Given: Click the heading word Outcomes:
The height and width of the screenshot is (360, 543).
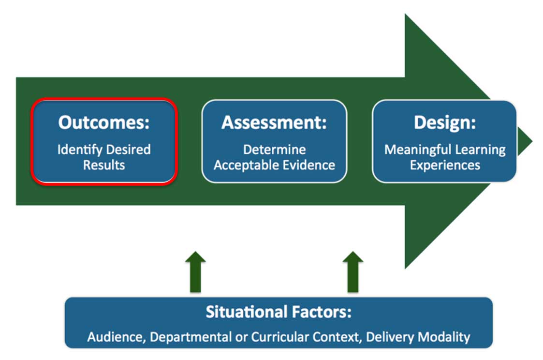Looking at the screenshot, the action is pos(104,122).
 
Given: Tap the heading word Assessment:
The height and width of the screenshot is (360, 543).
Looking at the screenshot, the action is pos(274,122).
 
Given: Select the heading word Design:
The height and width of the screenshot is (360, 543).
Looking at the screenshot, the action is pos(445,122).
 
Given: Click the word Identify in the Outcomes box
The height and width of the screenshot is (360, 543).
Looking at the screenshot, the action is pos(80,150).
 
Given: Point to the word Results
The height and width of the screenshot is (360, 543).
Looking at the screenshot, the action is pos(104,165).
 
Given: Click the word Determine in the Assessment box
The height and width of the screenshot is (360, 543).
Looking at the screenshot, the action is pos(274,150).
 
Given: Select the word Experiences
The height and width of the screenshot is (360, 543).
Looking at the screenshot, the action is pos(445,165).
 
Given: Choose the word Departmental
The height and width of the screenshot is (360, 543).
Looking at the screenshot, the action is pos(191,337).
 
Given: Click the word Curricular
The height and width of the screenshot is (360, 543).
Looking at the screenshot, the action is pos(280,337).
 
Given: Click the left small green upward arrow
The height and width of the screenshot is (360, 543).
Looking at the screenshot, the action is pos(196,272).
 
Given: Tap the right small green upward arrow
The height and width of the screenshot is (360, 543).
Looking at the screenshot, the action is pos(353,272).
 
